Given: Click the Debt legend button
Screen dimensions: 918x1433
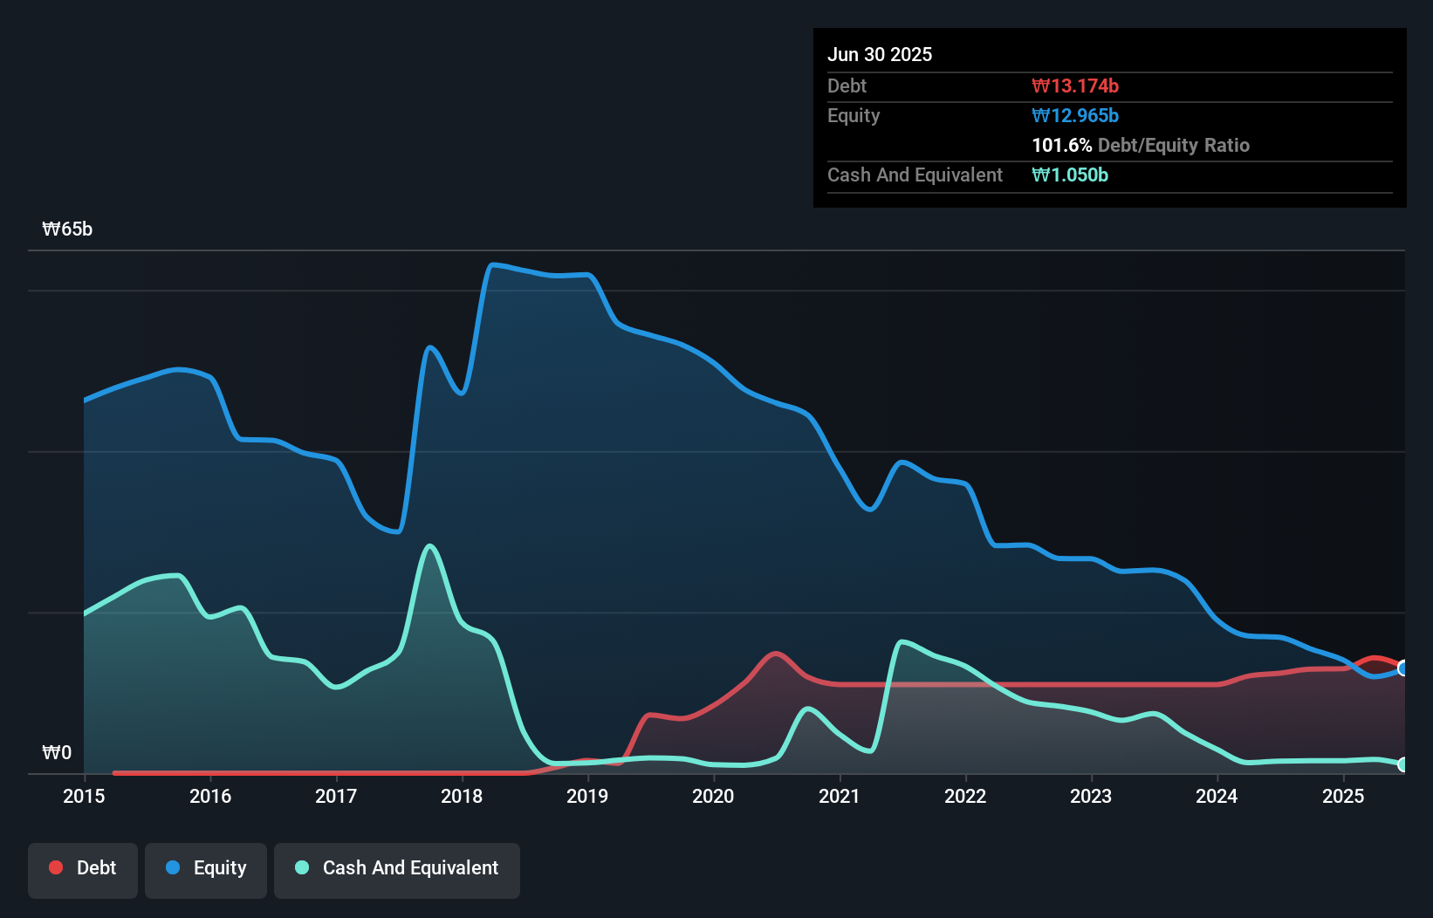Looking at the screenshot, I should [83, 868].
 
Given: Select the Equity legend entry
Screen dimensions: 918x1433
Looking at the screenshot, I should [206, 868].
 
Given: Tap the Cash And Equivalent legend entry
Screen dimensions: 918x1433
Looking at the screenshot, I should [397, 868].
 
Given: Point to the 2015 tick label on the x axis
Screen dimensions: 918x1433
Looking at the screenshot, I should [84, 796].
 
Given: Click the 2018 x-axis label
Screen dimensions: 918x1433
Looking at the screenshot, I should [462, 796].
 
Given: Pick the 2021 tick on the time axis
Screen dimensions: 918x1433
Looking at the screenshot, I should [840, 796].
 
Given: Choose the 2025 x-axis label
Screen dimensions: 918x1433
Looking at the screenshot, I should [1343, 796].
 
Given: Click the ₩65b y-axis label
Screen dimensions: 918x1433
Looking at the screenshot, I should [67, 229].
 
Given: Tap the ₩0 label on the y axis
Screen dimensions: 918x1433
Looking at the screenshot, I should [57, 752].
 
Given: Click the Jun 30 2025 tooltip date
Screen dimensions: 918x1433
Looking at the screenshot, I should [880, 54].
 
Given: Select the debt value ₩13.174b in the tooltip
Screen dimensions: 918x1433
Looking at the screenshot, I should [1075, 86].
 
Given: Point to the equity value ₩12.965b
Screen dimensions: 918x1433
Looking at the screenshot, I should [1075, 115].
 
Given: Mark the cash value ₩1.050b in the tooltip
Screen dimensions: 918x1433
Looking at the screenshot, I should [1070, 175].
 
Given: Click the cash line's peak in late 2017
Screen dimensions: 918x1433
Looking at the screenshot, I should [429, 546].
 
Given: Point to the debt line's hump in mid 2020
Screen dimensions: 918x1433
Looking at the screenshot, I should [775, 653].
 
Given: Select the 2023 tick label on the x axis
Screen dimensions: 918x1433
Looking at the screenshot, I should [1091, 796].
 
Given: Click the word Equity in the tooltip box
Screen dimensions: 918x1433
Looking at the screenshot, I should [854, 115].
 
